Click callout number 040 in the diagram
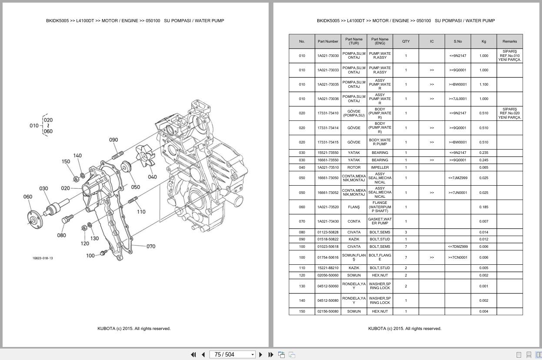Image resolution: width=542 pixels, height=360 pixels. (152, 177)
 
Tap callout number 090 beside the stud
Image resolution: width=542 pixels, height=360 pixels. (113, 140)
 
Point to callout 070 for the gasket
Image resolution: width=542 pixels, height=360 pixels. (151, 247)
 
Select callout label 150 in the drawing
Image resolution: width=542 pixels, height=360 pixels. (66, 161)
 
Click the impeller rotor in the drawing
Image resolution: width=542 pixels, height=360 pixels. (146, 156)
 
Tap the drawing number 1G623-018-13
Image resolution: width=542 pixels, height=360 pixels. (43, 258)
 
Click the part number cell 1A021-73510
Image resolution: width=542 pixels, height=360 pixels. (328, 167)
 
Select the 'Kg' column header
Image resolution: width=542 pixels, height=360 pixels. (483, 41)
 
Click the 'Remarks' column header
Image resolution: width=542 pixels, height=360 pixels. (509, 41)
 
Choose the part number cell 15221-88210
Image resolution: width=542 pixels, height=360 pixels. (328, 268)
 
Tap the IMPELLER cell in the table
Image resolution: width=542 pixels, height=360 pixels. (379, 167)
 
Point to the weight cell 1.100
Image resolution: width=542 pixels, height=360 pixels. (483, 84)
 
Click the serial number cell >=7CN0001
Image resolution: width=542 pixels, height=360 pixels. (458, 257)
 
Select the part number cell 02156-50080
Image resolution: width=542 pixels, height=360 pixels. (328, 311)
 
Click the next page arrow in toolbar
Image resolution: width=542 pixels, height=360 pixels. (261, 355)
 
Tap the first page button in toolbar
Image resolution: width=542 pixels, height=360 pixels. (193, 355)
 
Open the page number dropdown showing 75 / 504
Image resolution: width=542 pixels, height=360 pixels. (253, 355)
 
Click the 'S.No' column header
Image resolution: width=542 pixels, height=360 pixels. (458, 41)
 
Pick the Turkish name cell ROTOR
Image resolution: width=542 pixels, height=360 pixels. (354, 167)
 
